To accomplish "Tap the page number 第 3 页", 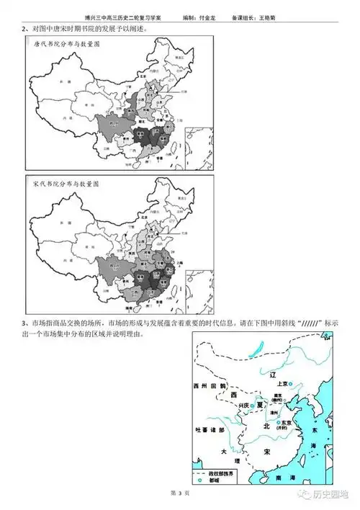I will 179,494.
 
